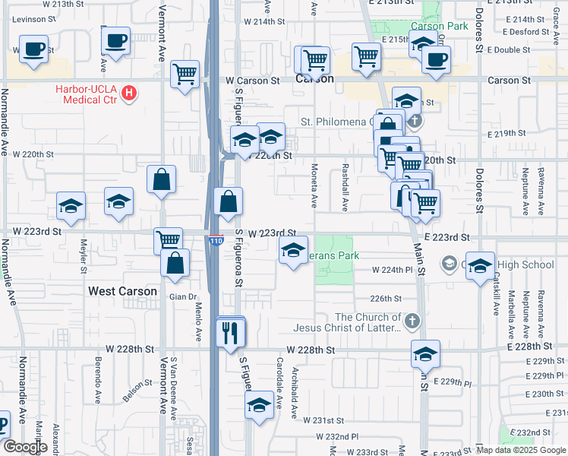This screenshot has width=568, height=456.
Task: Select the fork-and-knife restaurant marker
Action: pyautogui.click(x=231, y=332)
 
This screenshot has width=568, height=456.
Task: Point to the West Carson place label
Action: pyautogui.click(x=122, y=291)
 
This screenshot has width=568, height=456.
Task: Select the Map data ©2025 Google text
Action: pyautogui.click(x=521, y=450)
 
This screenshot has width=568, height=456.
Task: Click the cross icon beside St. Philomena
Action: pyautogui.click(x=414, y=121)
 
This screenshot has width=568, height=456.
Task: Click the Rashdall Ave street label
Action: pyautogui.click(x=346, y=187)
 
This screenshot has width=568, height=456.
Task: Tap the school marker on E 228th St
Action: pyautogui.click(x=425, y=353)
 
